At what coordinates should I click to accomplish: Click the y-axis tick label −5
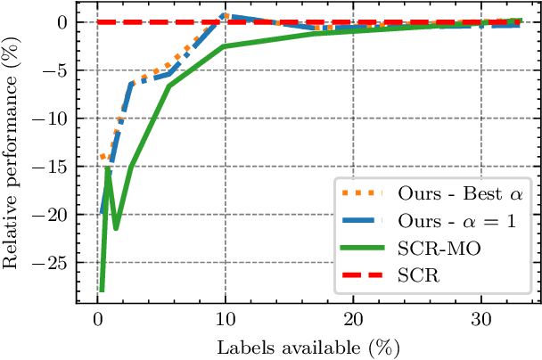pos(56,70)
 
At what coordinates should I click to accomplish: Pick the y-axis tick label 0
pos(62,22)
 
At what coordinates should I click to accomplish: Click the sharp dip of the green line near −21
pos(116,228)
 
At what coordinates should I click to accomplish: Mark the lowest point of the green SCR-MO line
pos(102,290)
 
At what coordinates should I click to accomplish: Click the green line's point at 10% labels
pos(225,45)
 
